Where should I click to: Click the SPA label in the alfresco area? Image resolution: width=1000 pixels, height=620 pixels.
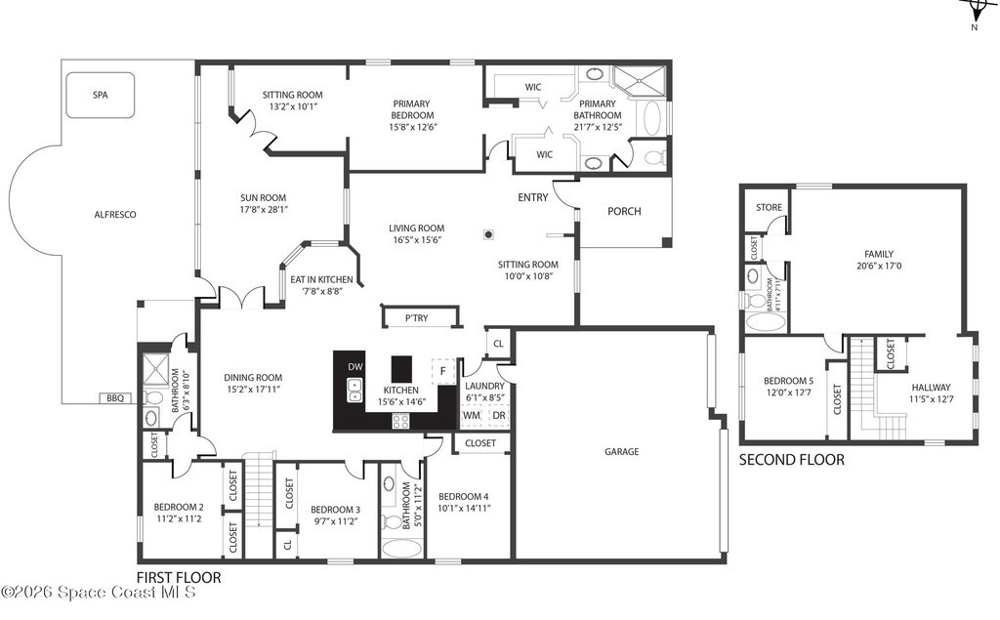(x=101, y=95)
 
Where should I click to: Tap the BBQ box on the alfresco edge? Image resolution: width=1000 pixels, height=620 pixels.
(x=115, y=398)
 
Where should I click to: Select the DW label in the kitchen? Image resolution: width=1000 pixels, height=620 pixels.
(x=355, y=367)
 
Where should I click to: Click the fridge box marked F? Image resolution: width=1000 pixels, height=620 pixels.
(x=442, y=371)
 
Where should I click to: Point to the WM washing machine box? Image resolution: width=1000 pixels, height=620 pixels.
(x=472, y=416)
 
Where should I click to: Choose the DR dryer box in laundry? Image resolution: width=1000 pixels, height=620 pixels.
(x=499, y=416)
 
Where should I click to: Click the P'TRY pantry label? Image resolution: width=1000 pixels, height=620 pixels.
(x=416, y=317)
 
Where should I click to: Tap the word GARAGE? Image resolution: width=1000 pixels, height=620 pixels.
(x=622, y=452)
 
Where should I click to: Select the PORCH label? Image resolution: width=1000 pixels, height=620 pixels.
(x=624, y=211)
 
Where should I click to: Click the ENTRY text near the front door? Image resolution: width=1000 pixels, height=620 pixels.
(x=533, y=198)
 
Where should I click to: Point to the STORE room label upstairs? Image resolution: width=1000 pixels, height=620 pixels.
(x=770, y=207)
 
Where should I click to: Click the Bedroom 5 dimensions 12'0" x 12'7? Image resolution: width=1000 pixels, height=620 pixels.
(x=789, y=393)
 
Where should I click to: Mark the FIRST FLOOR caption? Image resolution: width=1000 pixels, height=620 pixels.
(x=180, y=578)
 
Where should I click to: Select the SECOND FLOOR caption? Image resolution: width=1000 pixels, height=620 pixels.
(x=792, y=459)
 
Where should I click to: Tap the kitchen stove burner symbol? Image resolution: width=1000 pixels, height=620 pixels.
(x=400, y=421)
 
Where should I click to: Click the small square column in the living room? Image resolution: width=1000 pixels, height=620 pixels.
(x=488, y=234)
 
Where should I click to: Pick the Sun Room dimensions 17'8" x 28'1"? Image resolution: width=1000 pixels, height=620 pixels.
(x=264, y=209)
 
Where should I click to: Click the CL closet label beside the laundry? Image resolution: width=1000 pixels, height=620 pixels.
(x=498, y=344)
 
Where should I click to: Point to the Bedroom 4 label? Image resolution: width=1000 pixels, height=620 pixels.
(x=464, y=496)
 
